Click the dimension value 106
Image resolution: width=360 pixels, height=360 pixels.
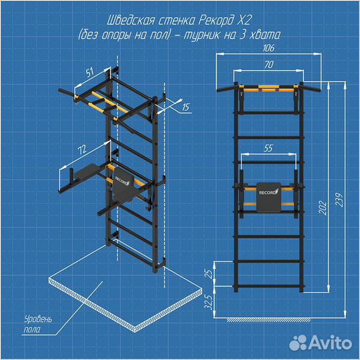click(269, 48)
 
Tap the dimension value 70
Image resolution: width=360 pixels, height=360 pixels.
click(269, 65)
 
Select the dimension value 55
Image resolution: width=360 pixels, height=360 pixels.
click(268, 148)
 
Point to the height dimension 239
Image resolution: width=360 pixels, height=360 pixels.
click(339, 200)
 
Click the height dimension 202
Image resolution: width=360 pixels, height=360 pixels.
click(323, 207)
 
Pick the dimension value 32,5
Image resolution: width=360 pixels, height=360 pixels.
click(209, 302)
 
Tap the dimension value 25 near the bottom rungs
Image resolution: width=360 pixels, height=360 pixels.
click(209, 274)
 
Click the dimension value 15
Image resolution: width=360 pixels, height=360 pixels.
click(186, 107)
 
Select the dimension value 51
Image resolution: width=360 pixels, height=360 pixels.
click(90, 72)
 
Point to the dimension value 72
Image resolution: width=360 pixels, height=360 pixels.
click(82, 149)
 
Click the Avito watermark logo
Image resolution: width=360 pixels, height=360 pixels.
click(320, 343)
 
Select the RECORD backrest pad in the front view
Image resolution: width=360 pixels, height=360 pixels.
click(268, 197)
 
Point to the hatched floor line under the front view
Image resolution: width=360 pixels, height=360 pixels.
click(269, 320)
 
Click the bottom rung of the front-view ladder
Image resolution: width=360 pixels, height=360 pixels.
click(269, 286)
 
